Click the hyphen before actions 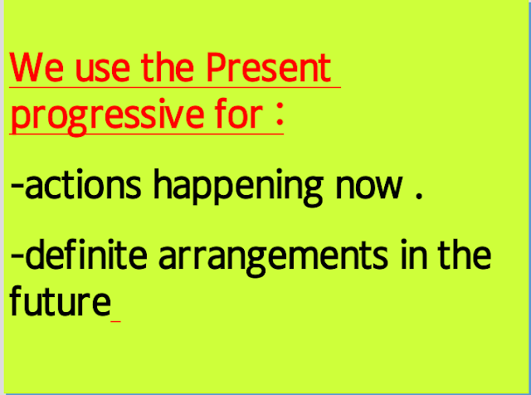(17, 187)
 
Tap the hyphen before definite (17, 257)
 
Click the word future (59, 302)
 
